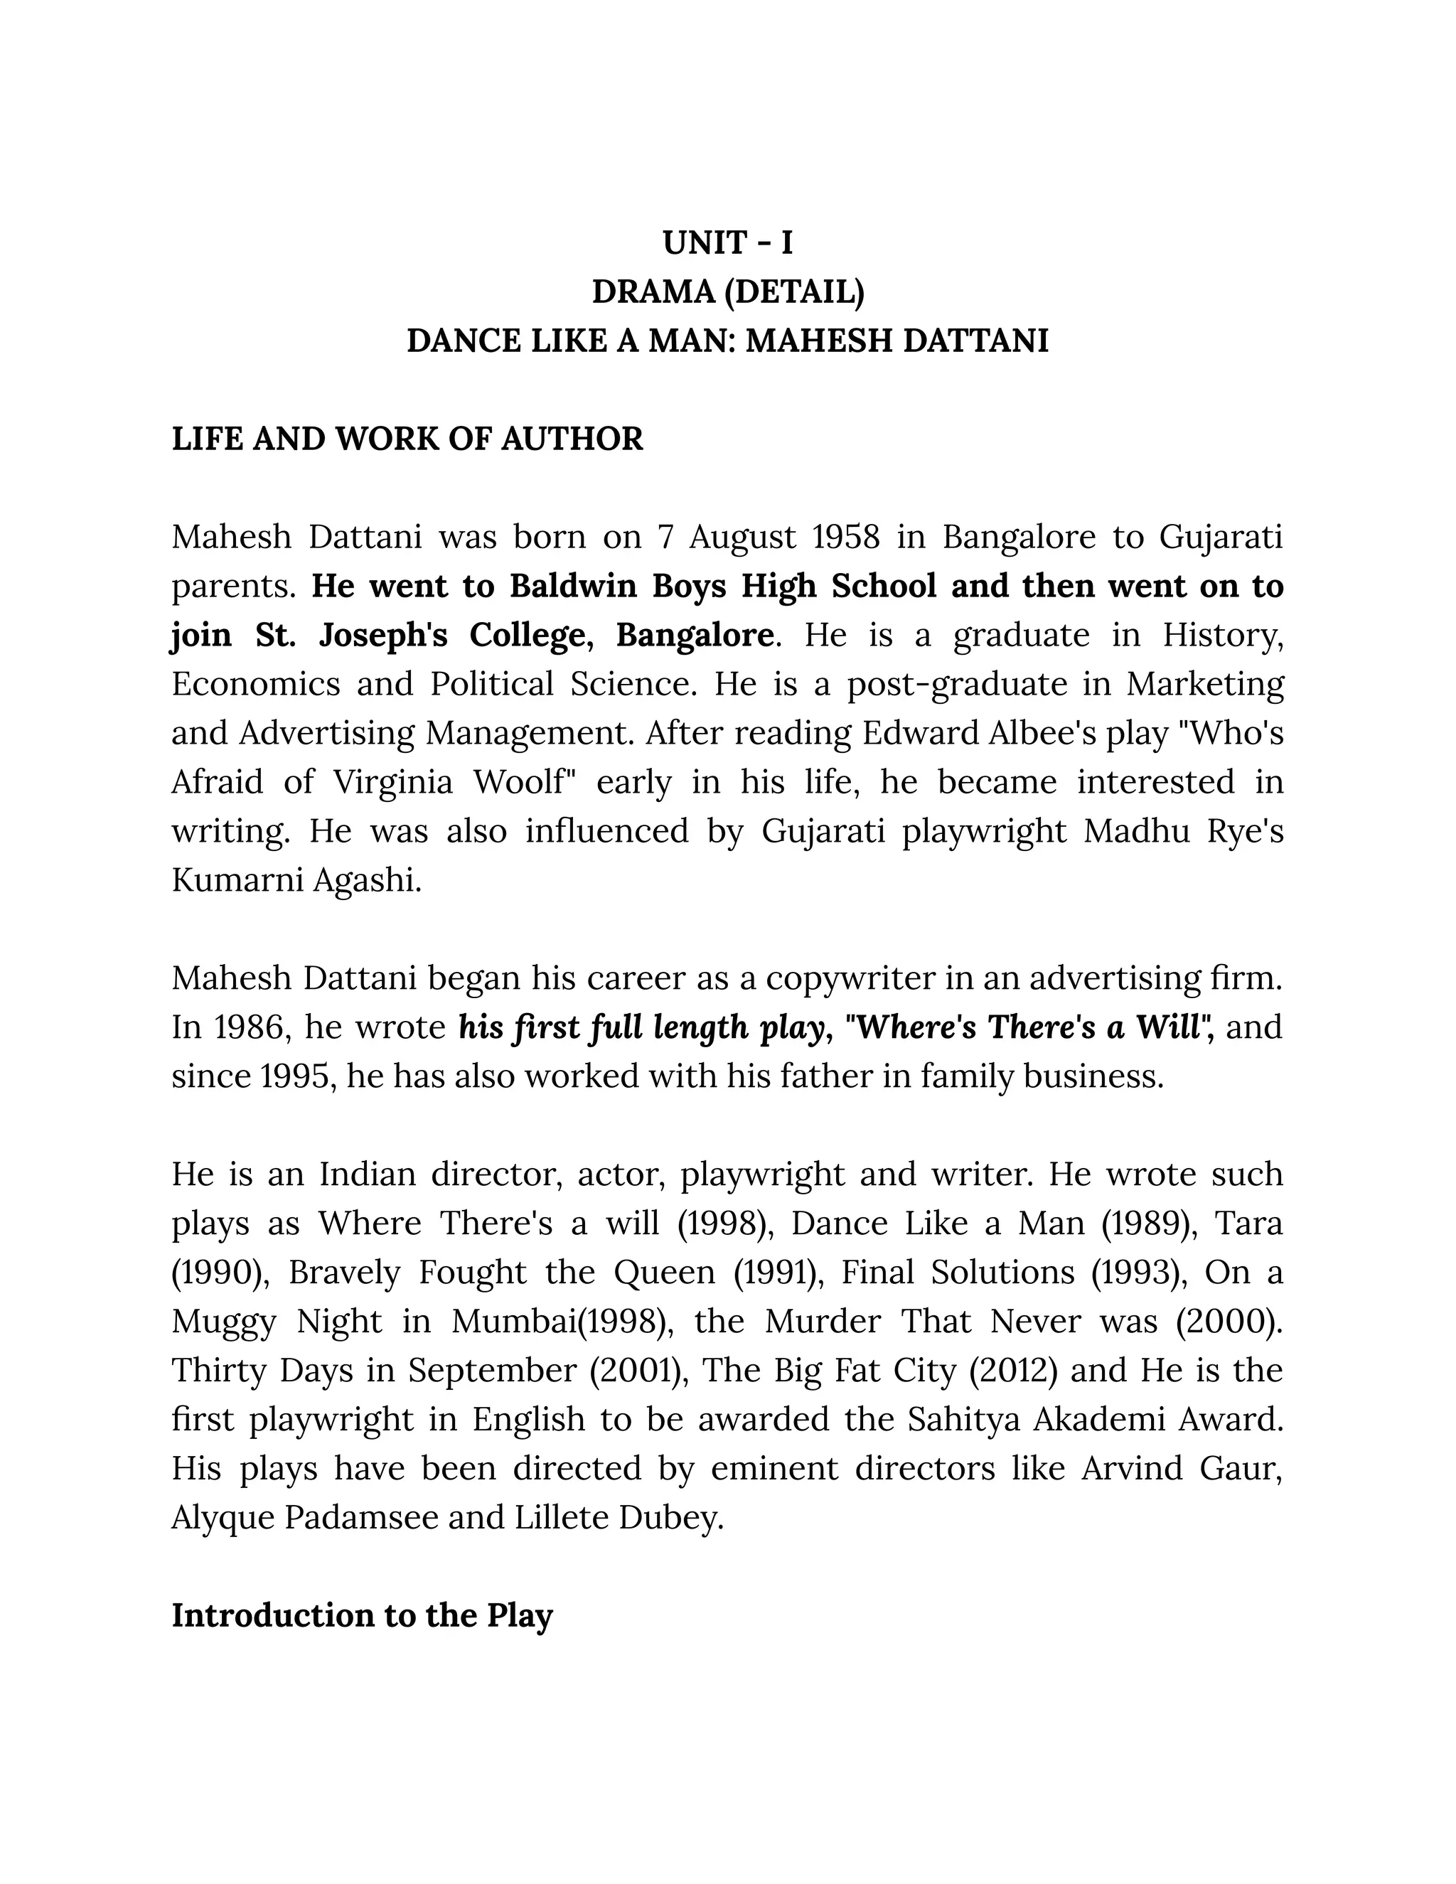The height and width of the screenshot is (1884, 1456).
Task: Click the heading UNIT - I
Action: point(727,243)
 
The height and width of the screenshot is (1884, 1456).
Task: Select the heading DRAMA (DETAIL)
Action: point(727,292)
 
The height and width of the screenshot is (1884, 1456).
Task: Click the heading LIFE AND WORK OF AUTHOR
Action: point(407,439)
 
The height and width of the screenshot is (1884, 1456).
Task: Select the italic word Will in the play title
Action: point(1168,1028)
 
